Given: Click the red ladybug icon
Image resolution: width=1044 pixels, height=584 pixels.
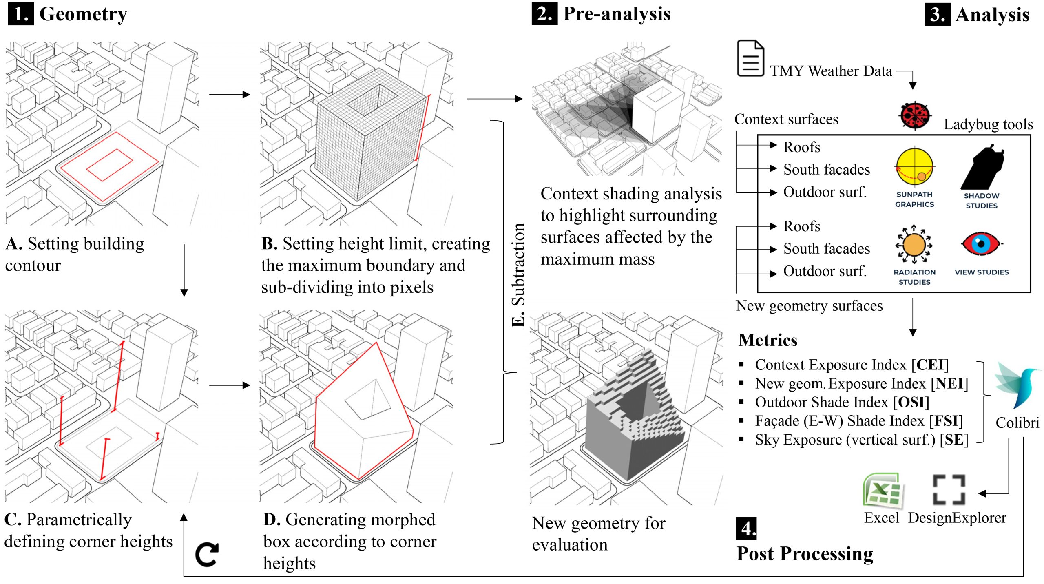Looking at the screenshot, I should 915,116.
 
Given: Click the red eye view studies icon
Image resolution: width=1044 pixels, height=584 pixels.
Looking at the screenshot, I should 981,244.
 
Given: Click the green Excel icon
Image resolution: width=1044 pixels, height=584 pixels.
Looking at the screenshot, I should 883,491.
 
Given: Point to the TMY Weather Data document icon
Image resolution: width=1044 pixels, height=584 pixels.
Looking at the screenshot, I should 750,58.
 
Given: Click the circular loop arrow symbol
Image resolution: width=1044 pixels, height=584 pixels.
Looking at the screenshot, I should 207,555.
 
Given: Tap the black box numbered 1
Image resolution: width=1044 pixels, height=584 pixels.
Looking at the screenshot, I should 21,14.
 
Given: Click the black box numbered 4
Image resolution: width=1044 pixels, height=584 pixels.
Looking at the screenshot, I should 746,528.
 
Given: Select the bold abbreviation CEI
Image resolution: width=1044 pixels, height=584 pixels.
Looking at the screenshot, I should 930,365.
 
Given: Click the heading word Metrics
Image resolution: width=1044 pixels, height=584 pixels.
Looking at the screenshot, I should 768,340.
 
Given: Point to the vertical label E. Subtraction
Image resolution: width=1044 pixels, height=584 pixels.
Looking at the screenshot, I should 518,275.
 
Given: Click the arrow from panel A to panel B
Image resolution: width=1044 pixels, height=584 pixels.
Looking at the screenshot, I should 229,95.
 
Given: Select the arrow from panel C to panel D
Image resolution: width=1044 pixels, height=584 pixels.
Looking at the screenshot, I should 229,385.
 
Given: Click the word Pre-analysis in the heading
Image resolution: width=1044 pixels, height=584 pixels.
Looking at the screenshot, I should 617,14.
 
